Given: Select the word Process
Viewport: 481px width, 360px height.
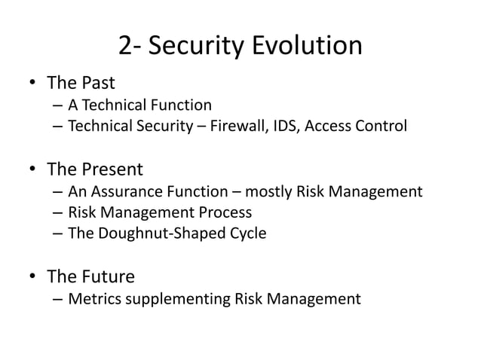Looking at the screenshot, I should [x=225, y=212].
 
